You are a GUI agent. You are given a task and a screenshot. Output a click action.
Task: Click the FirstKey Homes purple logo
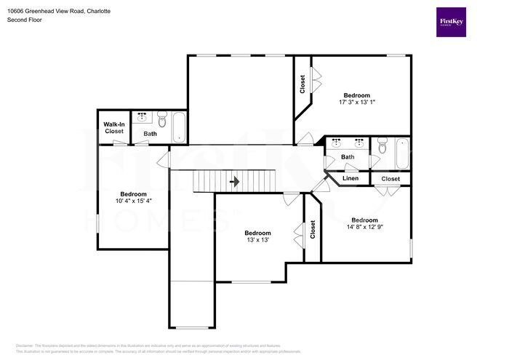[x=451, y=23]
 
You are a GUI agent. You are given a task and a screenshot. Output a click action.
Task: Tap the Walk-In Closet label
[x=114, y=127]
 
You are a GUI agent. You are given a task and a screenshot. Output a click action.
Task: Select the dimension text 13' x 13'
[x=257, y=240]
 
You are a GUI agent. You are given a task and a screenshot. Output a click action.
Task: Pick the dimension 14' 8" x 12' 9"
[x=364, y=227]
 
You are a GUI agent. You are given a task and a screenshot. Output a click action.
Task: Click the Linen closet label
[x=350, y=178]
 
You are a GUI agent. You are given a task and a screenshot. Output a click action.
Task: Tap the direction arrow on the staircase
[x=234, y=180]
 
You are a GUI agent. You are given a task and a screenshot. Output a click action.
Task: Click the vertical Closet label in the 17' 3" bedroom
[x=302, y=85]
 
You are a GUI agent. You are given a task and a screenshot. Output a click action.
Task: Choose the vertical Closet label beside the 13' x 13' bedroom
[x=313, y=231]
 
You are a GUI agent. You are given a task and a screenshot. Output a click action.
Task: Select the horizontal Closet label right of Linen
[x=390, y=178]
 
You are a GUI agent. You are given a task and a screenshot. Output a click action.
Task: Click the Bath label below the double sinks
[x=348, y=156]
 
